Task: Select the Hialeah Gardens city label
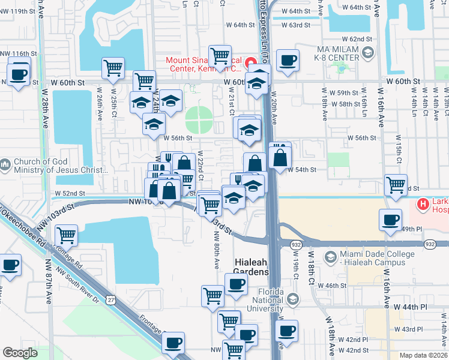(251, 267)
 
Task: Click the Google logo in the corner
(20, 353)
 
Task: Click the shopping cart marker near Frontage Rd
(66, 235)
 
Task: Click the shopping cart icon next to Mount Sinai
(220, 56)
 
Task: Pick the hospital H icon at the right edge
(424, 205)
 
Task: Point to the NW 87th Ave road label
(48, 282)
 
